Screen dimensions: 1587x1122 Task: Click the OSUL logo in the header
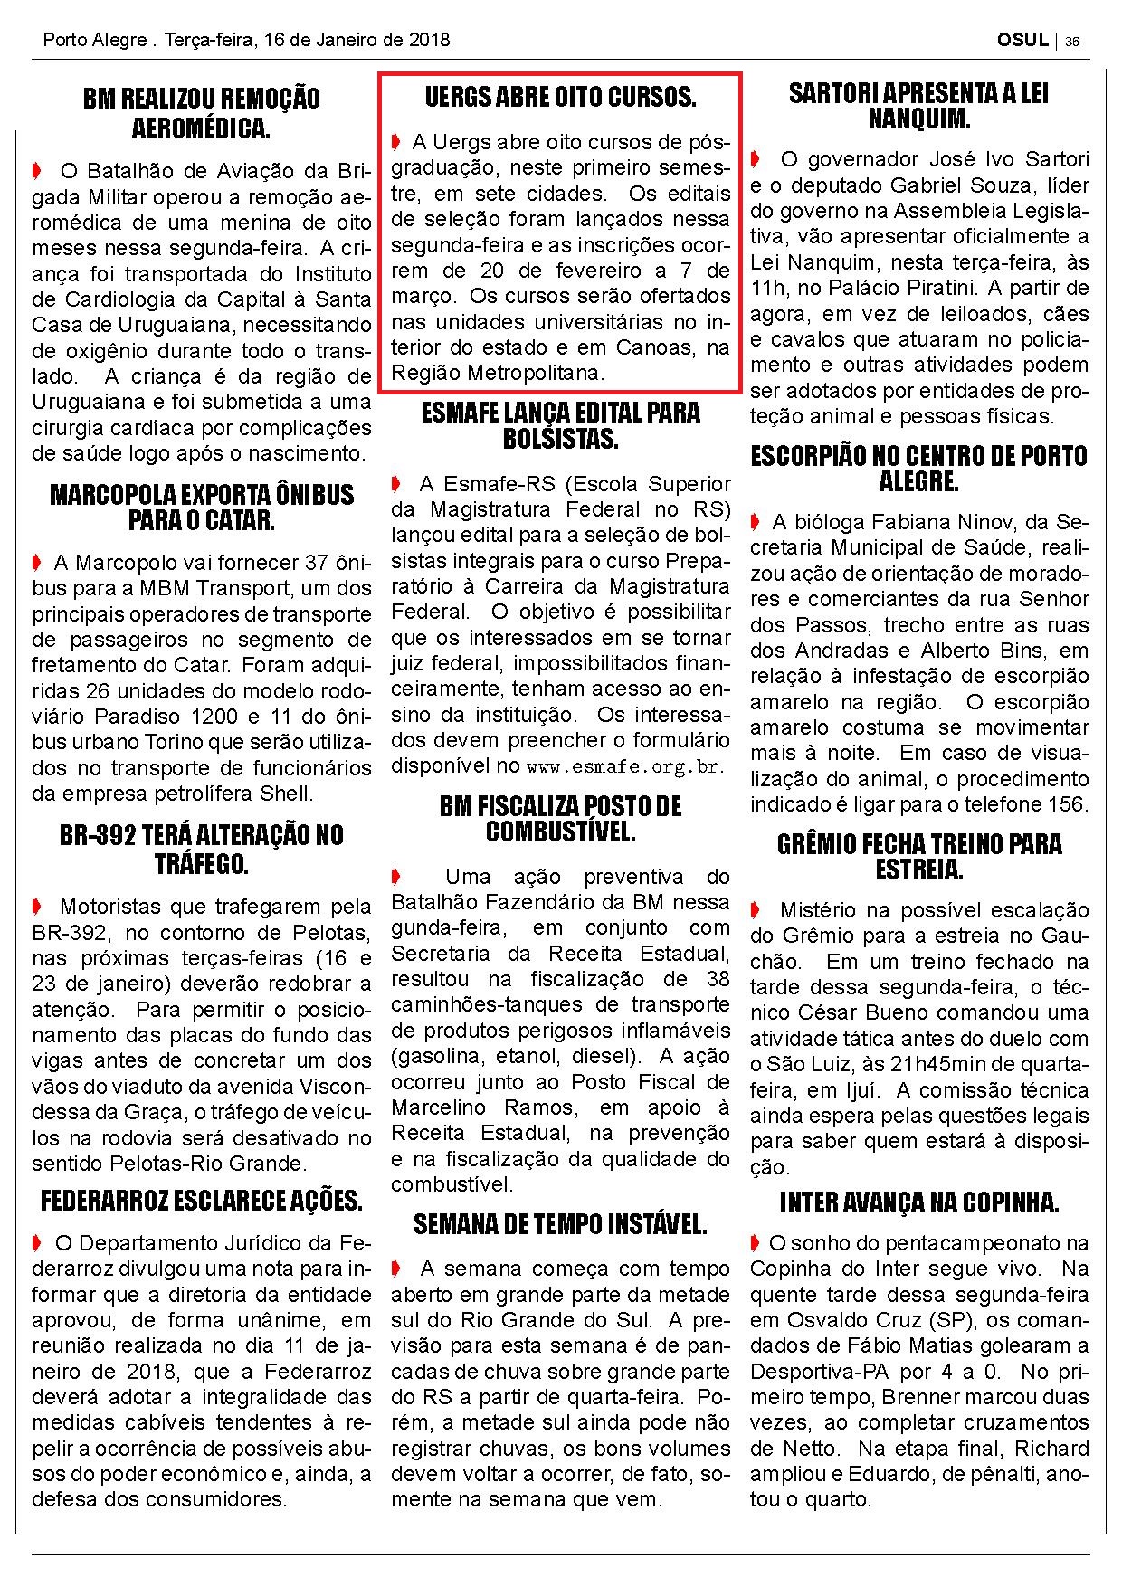tap(1022, 40)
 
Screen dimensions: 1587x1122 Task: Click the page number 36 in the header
tap(1072, 41)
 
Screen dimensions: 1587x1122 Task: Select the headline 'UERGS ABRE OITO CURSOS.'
tap(560, 97)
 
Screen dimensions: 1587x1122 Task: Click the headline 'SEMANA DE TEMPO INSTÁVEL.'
tap(560, 1224)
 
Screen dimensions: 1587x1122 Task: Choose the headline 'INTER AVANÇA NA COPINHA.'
tap(918, 1202)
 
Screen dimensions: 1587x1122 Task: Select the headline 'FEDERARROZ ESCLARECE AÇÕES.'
tap(201, 1201)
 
